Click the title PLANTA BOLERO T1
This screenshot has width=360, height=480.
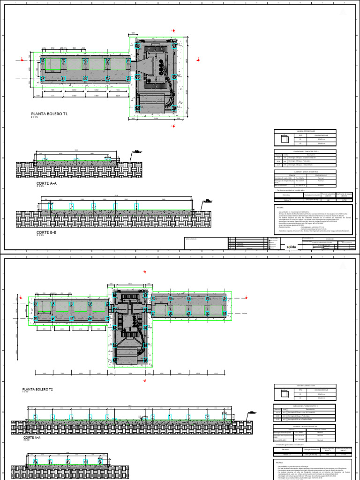point(49,114)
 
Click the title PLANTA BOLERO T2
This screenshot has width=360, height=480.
point(37,390)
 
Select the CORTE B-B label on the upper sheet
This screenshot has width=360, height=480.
point(46,232)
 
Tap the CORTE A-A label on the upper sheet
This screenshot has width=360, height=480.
point(46,183)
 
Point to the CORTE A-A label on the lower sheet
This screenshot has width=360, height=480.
point(32,437)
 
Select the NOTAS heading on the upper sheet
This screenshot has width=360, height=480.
point(281,207)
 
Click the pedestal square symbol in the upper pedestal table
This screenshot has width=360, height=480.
point(283,139)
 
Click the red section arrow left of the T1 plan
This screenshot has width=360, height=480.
point(21,59)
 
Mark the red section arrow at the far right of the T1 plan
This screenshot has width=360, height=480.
point(199,60)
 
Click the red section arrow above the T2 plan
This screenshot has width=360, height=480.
point(143,272)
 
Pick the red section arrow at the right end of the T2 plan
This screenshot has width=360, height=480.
point(247,297)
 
